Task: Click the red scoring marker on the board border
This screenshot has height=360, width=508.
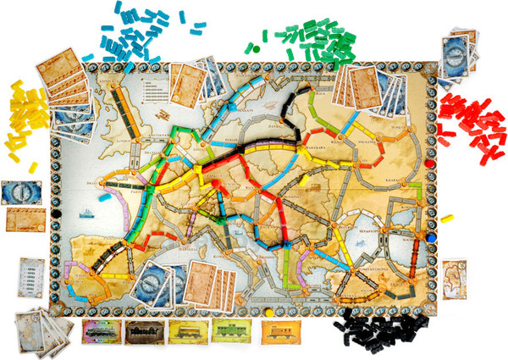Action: coord(429,157)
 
